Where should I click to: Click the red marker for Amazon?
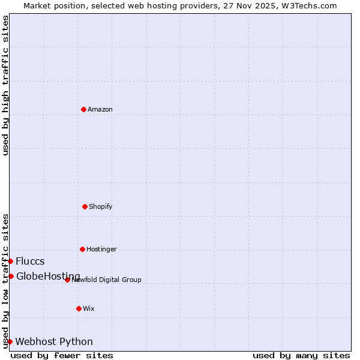tap(83, 109)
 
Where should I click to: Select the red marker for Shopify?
tap(85, 206)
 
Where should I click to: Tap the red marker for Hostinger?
tap(82, 249)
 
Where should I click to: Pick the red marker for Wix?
tap(79, 308)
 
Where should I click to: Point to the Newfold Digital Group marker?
tap(67, 280)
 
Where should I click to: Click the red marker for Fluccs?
tap(10, 261)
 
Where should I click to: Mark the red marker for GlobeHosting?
tap(11, 276)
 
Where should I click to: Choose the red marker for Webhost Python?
tap(10, 341)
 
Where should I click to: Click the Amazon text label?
tap(100, 109)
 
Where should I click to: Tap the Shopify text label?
tap(101, 206)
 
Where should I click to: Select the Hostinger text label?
tap(101, 249)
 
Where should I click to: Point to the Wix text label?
tap(89, 308)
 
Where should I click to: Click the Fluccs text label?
tap(30, 261)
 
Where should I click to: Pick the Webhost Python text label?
tap(54, 341)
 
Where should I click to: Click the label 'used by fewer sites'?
tap(62, 355)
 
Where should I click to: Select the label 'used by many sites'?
tap(301, 355)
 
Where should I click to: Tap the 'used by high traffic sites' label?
tap(5, 85)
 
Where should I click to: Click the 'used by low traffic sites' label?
tap(5, 281)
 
